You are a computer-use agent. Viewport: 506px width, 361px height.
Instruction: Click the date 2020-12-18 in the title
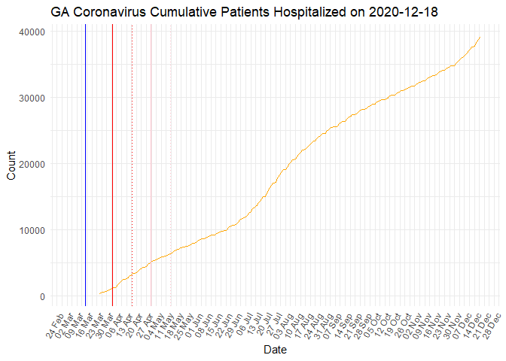click(401, 13)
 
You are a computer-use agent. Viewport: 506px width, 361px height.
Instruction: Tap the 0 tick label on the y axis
click(42, 296)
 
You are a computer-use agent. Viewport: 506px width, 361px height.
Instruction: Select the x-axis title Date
click(274, 350)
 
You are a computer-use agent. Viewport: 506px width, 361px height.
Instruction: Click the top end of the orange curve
click(480, 37)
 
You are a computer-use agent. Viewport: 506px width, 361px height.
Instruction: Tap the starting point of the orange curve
click(99, 293)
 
